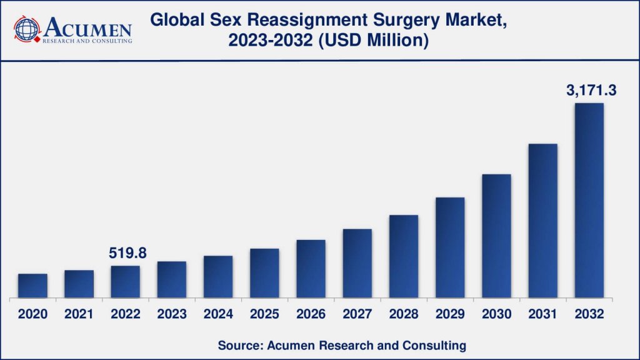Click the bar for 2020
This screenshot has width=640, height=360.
click(x=32, y=286)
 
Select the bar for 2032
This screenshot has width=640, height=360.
click(x=589, y=200)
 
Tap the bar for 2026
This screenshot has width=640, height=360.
click(x=311, y=269)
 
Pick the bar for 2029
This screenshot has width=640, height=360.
click(x=450, y=247)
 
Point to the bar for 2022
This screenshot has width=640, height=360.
click(x=125, y=282)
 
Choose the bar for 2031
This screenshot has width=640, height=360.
click(x=542, y=221)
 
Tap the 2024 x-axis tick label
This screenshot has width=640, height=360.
click(x=218, y=314)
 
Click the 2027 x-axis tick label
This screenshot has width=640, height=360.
click(x=357, y=314)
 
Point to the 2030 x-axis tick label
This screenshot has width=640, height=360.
click(x=496, y=314)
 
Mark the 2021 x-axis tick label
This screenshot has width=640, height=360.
click(x=79, y=314)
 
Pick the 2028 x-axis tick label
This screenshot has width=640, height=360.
click(x=403, y=314)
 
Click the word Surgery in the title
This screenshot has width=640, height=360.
click(x=412, y=20)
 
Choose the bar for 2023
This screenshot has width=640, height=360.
click(x=172, y=279)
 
